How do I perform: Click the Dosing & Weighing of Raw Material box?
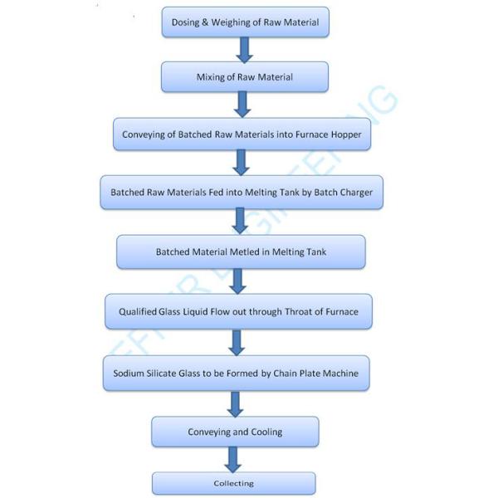tap(245, 22)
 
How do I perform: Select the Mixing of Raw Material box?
tap(245, 77)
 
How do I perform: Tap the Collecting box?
tap(233, 483)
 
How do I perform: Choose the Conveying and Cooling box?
tap(235, 432)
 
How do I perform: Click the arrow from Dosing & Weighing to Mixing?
tap(244, 50)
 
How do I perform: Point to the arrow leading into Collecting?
tap(233, 458)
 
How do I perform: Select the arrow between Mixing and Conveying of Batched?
tap(242, 104)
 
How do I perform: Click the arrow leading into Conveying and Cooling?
tap(235, 403)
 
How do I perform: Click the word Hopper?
tap(345, 134)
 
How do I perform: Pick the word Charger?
tap(354, 193)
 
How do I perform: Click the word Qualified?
tap(134, 313)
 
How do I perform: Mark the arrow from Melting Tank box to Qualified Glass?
tap(238, 281)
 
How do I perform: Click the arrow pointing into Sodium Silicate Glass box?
tap(237, 342)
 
